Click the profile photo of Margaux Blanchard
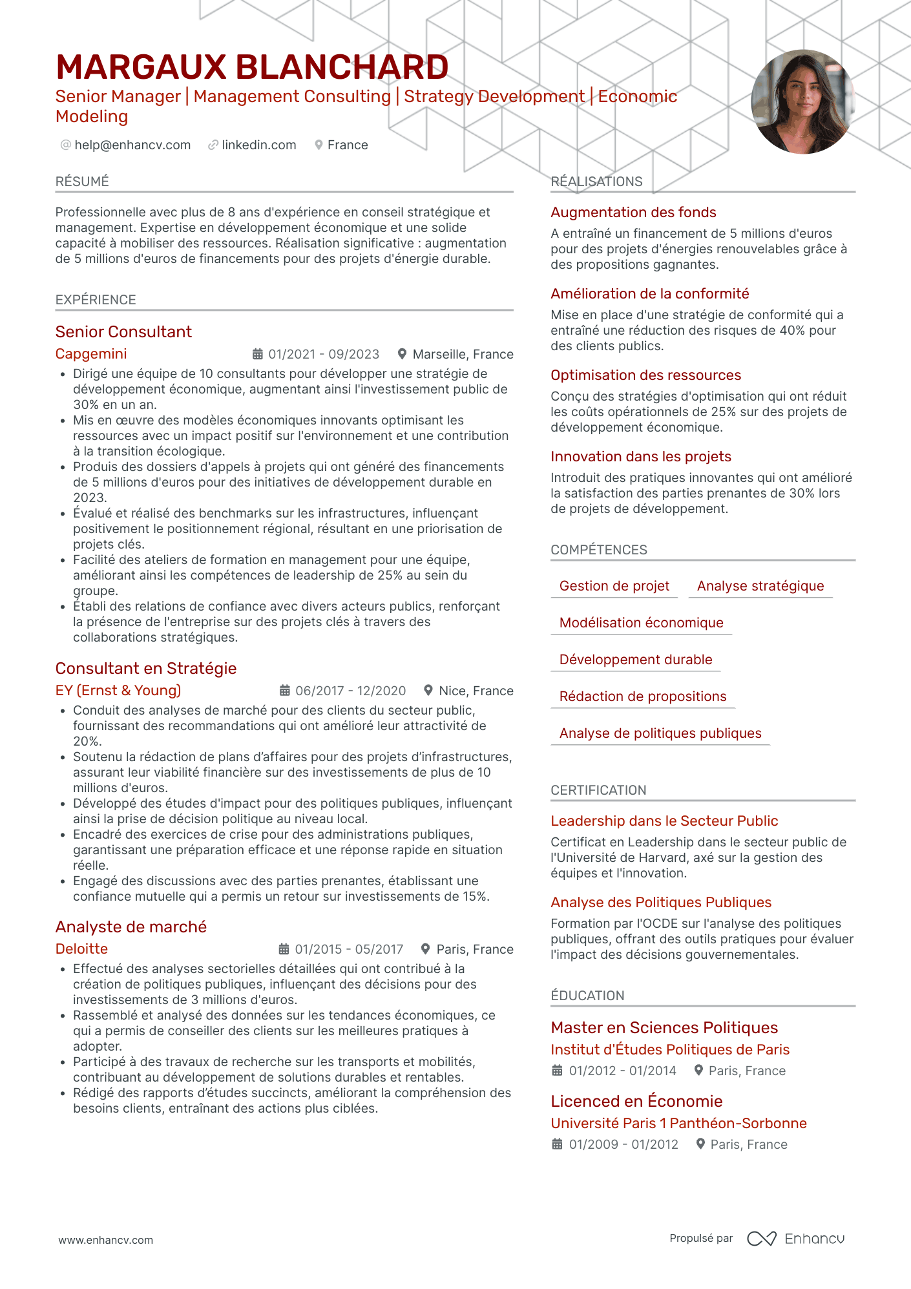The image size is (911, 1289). (x=802, y=101)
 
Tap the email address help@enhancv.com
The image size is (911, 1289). (x=132, y=145)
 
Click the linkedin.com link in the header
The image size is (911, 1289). (x=258, y=145)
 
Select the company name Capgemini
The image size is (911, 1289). (x=91, y=354)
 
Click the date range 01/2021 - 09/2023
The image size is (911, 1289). (x=323, y=355)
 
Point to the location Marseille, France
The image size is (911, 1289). (x=463, y=355)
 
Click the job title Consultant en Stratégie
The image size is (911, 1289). (x=146, y=669)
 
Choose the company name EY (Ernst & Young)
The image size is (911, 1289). (x=118, y=691)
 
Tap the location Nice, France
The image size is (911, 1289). (x=476, y=691)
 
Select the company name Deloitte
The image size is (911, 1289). (x=81, y=949)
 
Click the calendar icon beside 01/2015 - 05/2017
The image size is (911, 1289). (x=284, y=949)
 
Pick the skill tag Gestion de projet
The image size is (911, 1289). (x=614, y=586)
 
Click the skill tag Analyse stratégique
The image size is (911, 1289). (x=760, y=586)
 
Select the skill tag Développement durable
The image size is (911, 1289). (x=635, y=660)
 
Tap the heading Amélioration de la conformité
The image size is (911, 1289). (x=649, y=294)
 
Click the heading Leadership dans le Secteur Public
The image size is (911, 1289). (x=664, y=821)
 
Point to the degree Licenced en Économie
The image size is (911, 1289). (x=636, y=1102)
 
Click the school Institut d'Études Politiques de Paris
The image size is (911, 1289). (x=669, y=1050)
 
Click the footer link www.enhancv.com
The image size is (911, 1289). (x=106, y=1241)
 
